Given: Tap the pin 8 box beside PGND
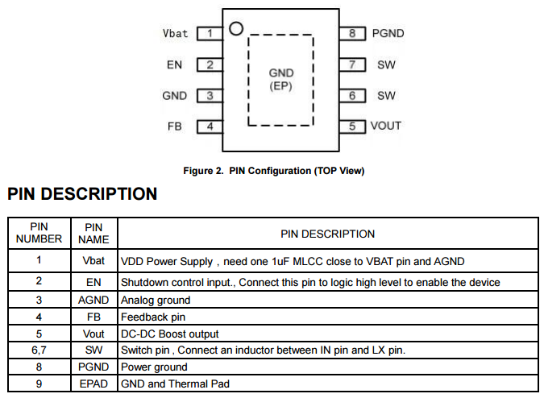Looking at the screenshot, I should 352,34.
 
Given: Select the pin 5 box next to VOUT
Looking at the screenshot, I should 352,126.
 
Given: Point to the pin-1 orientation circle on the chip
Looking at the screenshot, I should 235,29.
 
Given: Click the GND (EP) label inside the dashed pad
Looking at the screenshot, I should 280,79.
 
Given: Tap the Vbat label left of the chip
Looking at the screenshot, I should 175,34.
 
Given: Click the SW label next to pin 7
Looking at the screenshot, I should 386,64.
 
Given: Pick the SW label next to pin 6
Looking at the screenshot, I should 386,95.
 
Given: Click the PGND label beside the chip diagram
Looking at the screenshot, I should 388,34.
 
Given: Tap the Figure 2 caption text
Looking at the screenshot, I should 273,171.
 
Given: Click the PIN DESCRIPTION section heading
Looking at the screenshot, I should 82,194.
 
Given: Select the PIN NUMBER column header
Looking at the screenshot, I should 39,233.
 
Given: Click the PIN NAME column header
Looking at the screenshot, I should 93,233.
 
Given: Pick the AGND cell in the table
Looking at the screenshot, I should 93,301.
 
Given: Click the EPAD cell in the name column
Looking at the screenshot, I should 93,384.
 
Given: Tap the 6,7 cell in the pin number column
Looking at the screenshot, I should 39,350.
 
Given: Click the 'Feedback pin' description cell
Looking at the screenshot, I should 153,317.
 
